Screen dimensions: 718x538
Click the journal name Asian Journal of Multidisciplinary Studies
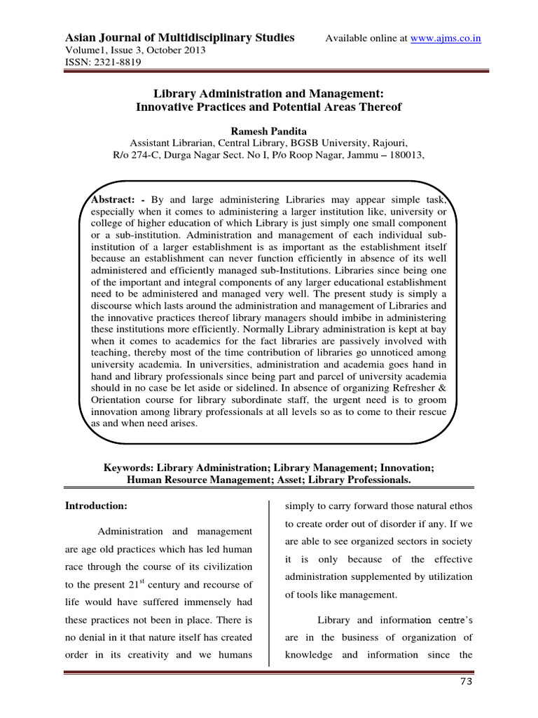point(179,37)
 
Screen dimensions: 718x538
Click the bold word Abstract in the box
point(111,201)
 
